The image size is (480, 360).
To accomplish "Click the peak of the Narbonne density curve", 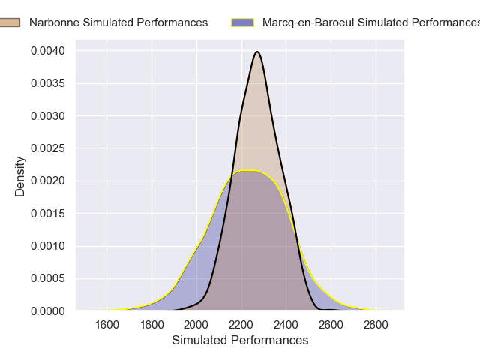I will pos(257,52).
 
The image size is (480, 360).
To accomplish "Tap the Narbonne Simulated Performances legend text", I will pos(118,22).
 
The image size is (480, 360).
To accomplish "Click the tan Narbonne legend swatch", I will pos(10,22).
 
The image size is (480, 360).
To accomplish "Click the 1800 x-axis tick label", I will pos(151,325).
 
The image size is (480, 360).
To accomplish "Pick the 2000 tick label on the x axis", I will pos(196,325).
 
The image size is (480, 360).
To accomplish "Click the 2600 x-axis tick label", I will pos(331,325).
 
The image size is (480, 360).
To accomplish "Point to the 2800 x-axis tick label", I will pos(376,325).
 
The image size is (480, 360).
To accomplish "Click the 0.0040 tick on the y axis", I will pos(48,51).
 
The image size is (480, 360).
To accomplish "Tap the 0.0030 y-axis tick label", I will pos(48,116).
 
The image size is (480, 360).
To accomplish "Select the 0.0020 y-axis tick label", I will pos(48,181).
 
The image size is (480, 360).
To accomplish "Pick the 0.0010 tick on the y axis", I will pos(48,246).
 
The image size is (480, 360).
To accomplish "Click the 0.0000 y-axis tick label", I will pos(48,310).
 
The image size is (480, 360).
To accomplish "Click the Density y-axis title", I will pos(20,176).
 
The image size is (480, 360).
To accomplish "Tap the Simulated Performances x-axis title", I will pos(240,340).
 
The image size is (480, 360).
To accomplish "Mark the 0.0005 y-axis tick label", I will pos(48,278).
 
